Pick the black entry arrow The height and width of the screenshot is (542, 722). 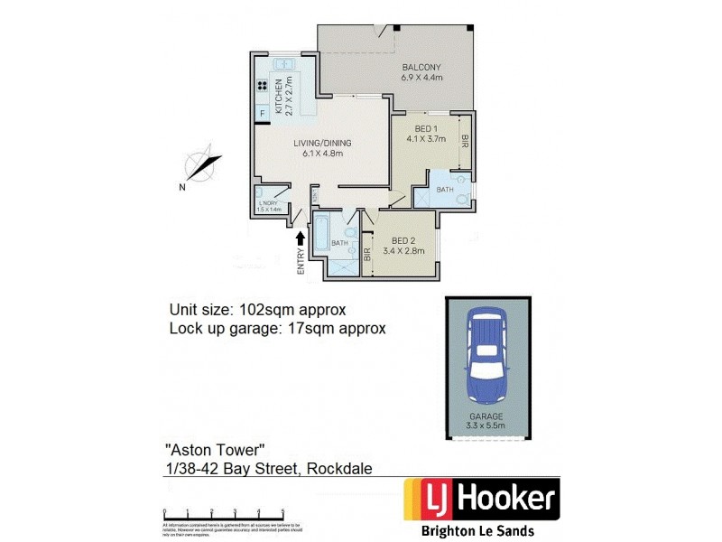pos(301,238)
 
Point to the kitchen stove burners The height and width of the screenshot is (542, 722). pos(264,87)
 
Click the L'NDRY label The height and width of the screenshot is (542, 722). pos(270,206)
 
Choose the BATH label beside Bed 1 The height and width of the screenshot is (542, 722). pos(445,190)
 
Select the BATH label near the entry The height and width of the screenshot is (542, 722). pos(339,243)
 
